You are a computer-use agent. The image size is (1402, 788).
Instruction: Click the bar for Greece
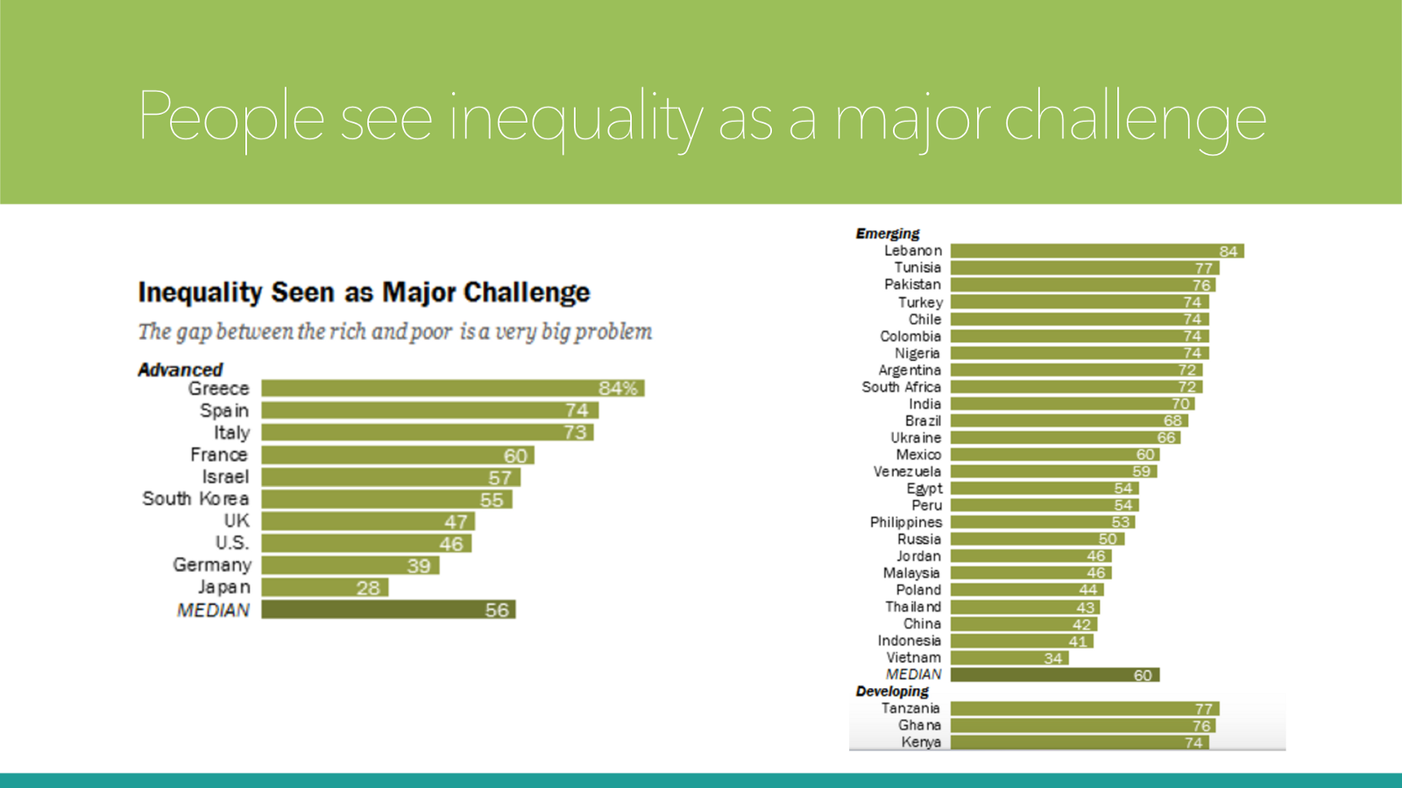[452, 388]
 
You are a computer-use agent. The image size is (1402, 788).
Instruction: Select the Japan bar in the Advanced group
[324, 587]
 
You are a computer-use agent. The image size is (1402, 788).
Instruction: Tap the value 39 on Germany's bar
[419, 566]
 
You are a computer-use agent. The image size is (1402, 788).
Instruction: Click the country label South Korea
[195, 499]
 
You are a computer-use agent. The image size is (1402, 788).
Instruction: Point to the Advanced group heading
[181, 369]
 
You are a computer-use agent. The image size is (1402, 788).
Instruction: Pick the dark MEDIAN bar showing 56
[388, 609]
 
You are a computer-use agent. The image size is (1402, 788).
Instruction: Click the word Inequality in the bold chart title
[200, 292]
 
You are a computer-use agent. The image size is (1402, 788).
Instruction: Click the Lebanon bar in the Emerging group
[1096, 251]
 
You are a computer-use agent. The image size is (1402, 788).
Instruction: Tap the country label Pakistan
[912, 285]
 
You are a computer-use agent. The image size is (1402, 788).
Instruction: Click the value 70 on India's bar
[1180, 404]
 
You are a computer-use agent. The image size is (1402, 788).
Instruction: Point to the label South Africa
[901, 387]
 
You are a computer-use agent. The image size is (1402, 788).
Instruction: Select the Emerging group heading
[888, 234]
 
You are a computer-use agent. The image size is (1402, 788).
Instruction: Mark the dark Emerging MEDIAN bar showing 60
[1054, 675]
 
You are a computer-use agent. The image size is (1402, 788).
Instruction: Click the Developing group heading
[892, 692]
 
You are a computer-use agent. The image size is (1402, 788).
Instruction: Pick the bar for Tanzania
[1084, 708]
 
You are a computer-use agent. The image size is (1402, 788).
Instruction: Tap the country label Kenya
[921, 742]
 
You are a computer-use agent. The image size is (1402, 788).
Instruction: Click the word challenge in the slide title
[1135, 118]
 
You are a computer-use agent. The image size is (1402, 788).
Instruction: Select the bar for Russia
[1037, 539]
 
